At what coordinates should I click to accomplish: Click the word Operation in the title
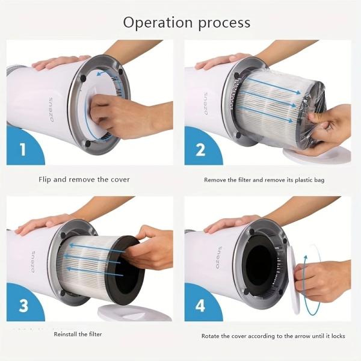point(158,23)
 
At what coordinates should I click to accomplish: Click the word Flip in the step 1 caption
point(45,179)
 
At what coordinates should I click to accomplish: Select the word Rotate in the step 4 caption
point(211,336)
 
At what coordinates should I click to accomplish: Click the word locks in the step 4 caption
point(338,336)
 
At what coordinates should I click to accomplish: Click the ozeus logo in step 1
point(51,110)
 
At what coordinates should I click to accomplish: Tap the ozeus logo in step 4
point(219,258)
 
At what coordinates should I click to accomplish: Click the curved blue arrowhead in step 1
point(99,73)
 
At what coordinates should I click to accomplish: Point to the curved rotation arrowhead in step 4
point(306,258)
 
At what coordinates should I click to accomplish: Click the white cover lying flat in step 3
point(135,312)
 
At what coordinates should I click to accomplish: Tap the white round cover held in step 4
point(295,280)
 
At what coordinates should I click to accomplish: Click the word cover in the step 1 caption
point(120,179)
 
